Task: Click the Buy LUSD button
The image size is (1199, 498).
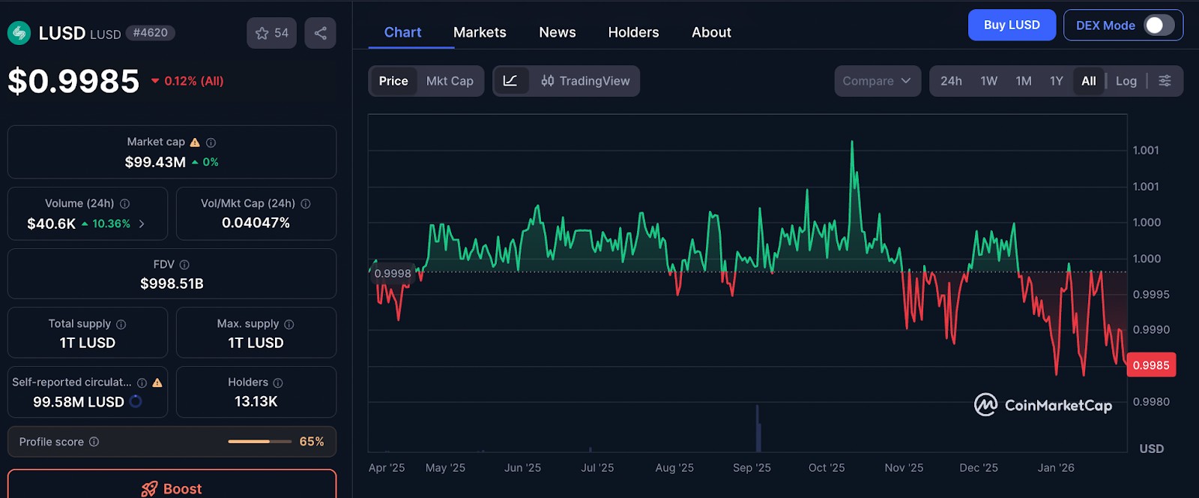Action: coord(1012,25)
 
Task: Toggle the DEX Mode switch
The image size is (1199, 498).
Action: coord(1159,25)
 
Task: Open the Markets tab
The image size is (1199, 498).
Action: coord(480,32)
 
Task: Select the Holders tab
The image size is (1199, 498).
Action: coord(633,32)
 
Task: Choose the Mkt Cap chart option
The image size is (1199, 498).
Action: coord(450,81)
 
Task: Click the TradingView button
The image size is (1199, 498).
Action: coord(585,81)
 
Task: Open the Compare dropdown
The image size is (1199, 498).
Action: coord(878,81)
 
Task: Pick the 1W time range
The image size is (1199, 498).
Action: coord(988,81)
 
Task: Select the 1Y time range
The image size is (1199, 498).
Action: coord(1056,81)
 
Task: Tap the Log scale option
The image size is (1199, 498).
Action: coord(1126,81)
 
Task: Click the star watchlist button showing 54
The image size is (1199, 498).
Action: coord(271,33)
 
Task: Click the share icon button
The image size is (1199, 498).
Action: coord(320,33)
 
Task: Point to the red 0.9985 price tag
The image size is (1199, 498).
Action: coord(1151,365)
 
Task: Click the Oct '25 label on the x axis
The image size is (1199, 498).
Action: coord(827,467)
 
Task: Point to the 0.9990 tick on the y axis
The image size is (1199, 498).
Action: coord(1151,330)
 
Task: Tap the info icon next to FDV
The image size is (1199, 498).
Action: coord(184,265)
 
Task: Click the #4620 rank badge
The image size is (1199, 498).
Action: coord(151,33)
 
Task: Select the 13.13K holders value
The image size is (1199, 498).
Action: coord(256,401)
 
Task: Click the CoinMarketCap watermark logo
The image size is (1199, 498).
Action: coord(1042,405)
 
